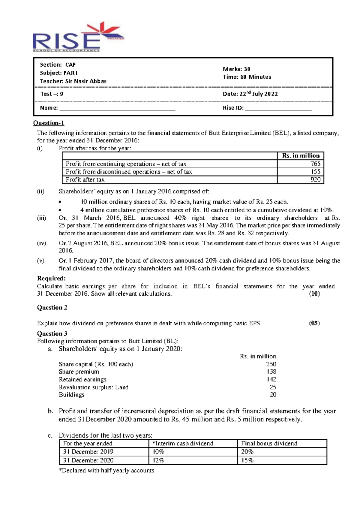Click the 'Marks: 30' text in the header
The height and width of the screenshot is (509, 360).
[236, 69]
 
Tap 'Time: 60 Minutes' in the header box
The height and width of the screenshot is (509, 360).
[247, 77]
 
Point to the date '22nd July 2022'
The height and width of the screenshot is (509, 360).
[258, 94]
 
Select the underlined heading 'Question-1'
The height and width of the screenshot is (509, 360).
[49, 123]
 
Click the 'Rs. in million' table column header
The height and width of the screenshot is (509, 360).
[301, 156]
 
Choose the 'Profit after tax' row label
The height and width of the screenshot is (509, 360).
[85, 180]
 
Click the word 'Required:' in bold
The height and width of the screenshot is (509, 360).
[51, 278]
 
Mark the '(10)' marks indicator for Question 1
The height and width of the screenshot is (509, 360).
[314, 294]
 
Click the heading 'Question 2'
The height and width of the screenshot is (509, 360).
[52, 308]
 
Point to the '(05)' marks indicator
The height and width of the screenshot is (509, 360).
[314, 324]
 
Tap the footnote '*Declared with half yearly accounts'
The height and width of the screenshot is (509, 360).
[106, 471]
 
